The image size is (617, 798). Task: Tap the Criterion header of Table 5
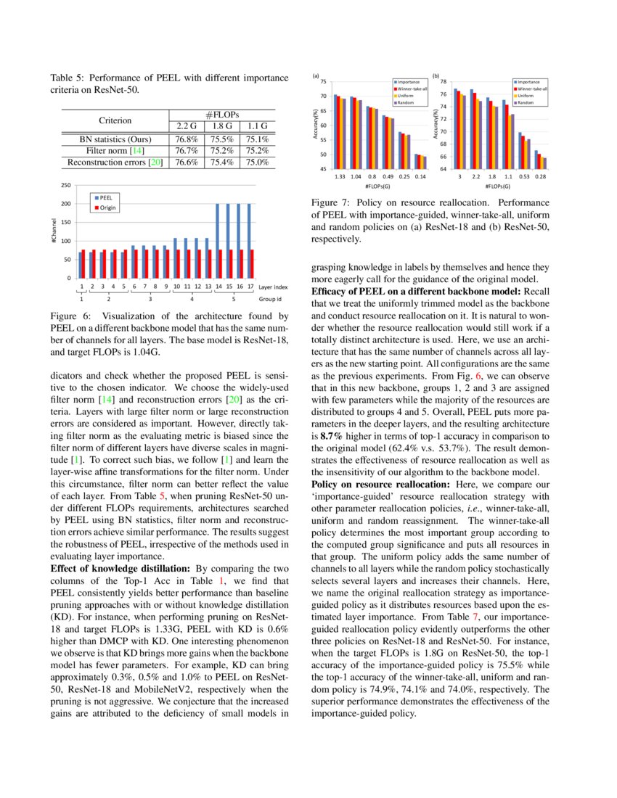tap(115, 120)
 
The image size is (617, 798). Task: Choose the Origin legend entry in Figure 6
tap(107, 207)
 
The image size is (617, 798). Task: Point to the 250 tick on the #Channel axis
tap(68, 186)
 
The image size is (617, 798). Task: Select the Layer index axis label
tap(273, 287)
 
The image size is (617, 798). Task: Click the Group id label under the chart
tap(270, 298)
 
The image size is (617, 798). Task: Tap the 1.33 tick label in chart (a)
tap(339, 176)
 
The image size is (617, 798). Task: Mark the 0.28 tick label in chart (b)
tap(541, 176)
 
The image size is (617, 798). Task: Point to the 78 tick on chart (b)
tap(443, 82)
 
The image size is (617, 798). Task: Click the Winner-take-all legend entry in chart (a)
tap(411, 89)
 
